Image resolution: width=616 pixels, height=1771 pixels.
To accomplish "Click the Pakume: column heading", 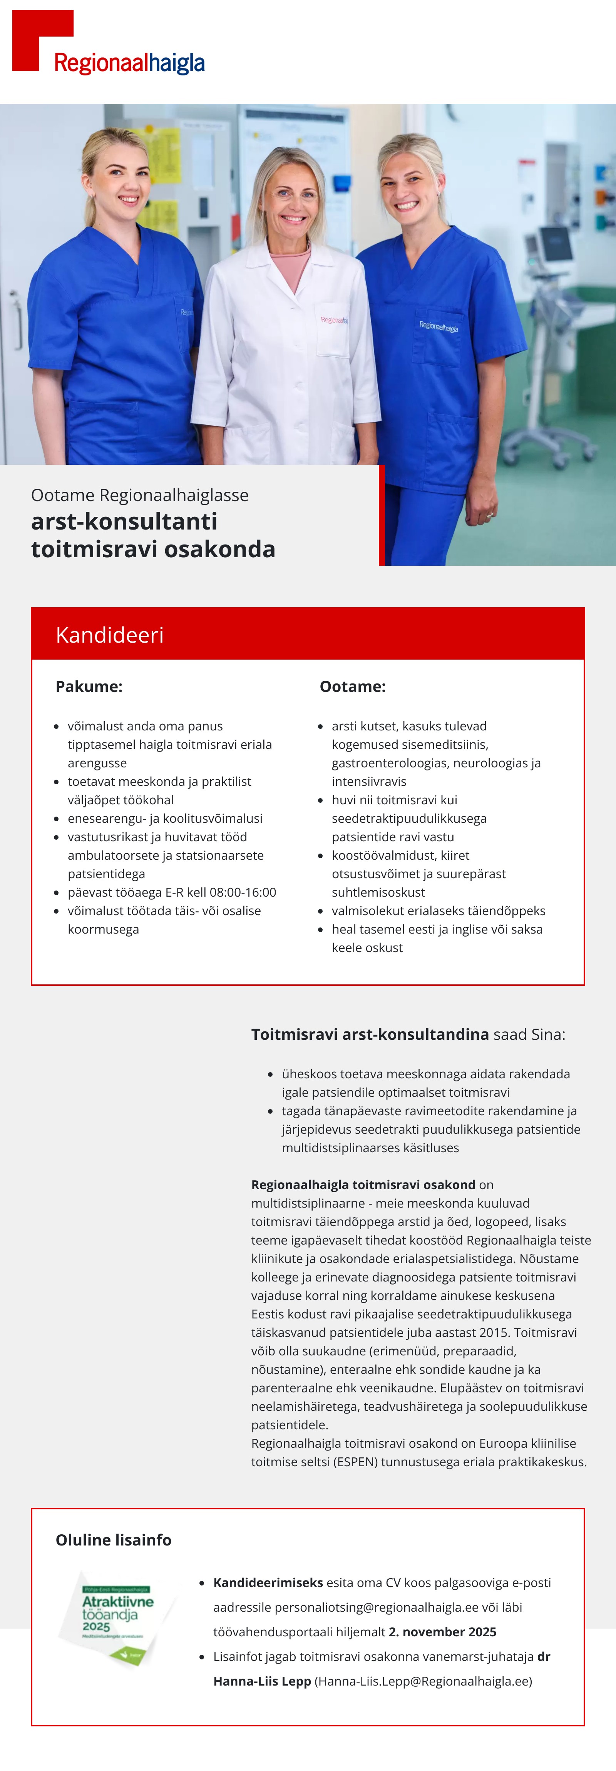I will [x=89, y=686].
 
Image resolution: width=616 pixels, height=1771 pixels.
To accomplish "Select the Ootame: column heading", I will [x=352, y=686].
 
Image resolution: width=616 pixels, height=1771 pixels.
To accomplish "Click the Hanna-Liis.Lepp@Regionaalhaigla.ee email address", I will [x=423, y=1681].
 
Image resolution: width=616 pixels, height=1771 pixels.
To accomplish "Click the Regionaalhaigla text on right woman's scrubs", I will [x=439, y=327].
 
